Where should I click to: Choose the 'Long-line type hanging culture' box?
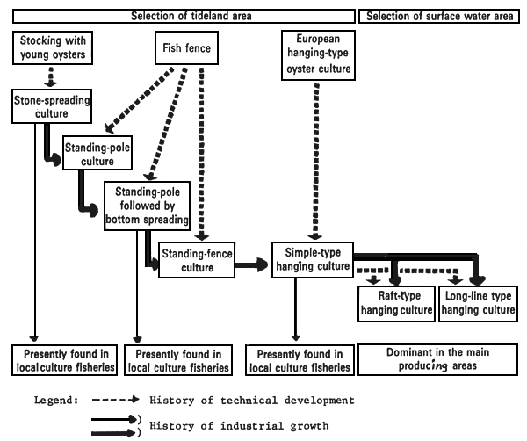(x=478, y=303)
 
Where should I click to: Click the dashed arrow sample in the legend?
(x=117, y=400)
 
